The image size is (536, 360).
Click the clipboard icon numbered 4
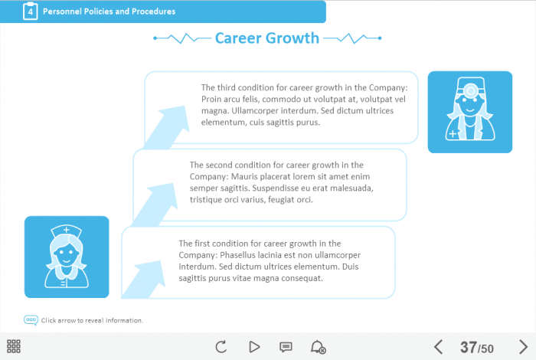(30, 11)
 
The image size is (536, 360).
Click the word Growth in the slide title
(293, 38)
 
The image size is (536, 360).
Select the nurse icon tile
(67, 257)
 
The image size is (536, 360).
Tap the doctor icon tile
(470, 112)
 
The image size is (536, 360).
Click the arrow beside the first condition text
(144, 280)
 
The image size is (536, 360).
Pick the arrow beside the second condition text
(155, 205)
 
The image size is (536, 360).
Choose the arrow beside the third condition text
(166, 127)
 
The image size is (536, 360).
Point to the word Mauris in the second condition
(244, 176)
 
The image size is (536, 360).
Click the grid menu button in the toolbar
(14, 346)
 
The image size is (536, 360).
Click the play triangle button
(254, 347)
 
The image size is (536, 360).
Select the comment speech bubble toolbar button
(286, 347)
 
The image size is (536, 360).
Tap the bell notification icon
(318, 347)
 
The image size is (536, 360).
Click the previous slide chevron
(438, 347)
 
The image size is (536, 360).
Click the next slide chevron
(523, 347)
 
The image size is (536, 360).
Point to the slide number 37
(469, 347)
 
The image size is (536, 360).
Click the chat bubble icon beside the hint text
(31, 320)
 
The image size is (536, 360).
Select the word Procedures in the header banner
(153, 11)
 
